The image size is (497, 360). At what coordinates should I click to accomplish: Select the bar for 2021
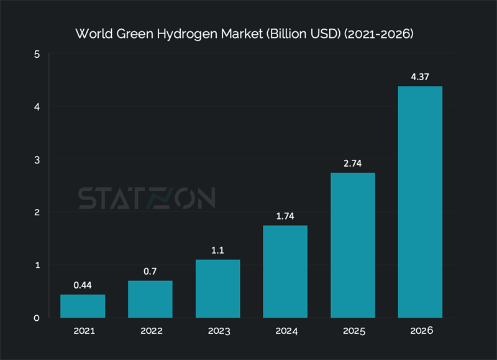tap(83, 306)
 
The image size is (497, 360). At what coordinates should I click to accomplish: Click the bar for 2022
tap(150, 299)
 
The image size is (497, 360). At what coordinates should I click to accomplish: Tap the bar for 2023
tap(217, 288)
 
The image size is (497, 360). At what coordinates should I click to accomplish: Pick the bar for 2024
tap(285, 272)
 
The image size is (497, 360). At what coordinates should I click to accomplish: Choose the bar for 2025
tap(352, 245)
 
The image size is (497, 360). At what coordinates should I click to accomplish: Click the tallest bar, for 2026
tap(420, 202)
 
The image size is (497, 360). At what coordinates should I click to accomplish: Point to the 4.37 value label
tap(420, 76)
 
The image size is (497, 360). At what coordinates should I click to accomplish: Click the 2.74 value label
tap(352, 163)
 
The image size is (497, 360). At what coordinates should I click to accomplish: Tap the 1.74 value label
tap(285, 216)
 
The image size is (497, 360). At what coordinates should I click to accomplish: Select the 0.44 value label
tap(83, 285)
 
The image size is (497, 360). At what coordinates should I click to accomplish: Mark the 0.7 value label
tap(150, 271)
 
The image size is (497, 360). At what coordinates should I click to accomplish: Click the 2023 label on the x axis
tap(217, 331)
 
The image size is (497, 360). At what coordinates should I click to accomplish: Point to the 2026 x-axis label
tap(420, 331)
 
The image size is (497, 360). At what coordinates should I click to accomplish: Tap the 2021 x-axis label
tap(83, 331)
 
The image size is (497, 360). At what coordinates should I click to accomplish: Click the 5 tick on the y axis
tap(37, 54)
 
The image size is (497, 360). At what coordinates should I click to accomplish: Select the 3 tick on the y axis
tap(37, 160)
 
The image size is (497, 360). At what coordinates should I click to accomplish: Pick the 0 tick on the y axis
tap(37, 318)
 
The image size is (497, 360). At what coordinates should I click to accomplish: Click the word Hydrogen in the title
tap(187, 34)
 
